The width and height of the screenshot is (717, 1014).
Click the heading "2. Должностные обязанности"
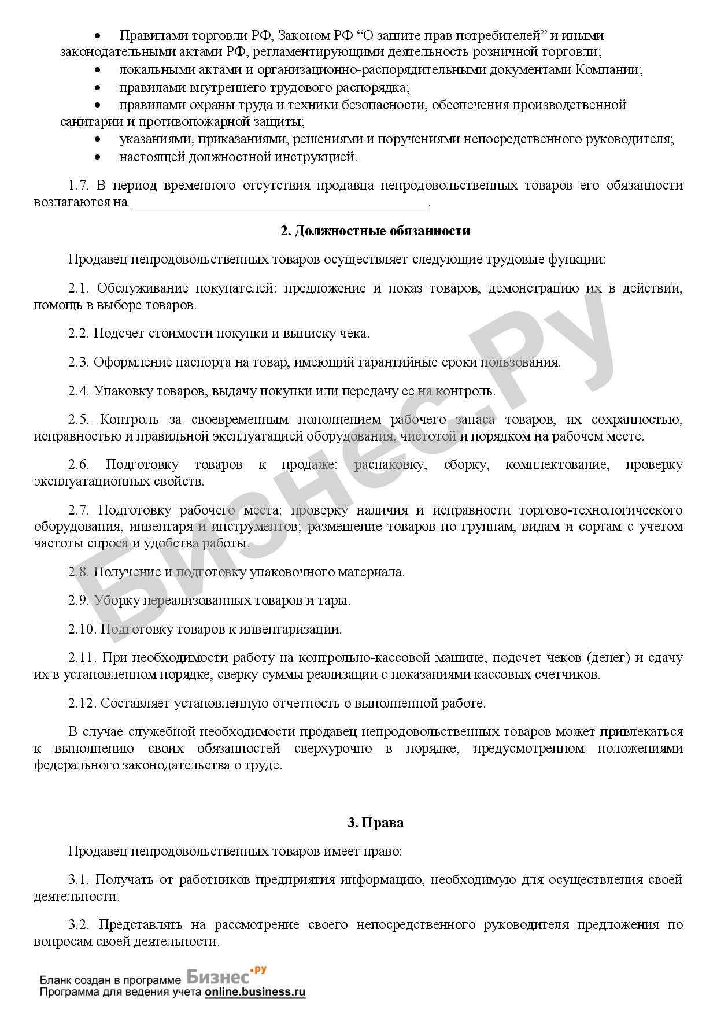click(x=375, y=231)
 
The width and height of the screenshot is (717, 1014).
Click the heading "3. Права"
click(x=375, y=823)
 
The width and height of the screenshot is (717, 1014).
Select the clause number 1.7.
click(x=77, y=186)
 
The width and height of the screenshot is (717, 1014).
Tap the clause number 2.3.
click(x=79, y=362)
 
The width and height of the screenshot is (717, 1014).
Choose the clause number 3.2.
click(x=79, y=925)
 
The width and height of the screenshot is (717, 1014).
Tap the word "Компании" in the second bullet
click(x=608, y=71)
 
